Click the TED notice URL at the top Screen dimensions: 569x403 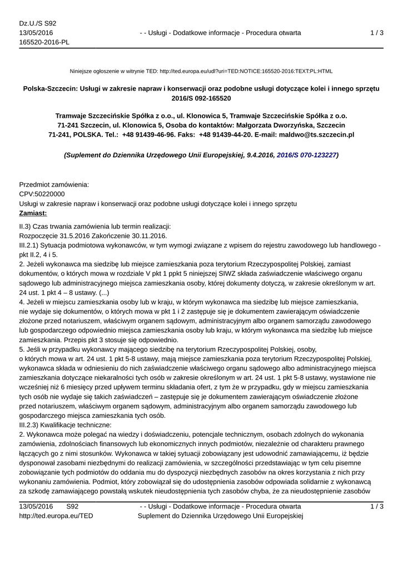[246, 71]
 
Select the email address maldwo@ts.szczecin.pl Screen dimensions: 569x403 [309, 134]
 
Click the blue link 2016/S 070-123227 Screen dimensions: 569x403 [306, 155]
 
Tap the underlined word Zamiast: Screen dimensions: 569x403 [33, 213]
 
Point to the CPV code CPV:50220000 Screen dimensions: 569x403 [42, 194]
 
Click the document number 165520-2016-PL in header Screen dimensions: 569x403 [44, 42]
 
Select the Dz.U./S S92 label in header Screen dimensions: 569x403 [38, 23]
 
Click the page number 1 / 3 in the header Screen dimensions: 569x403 [377, 33]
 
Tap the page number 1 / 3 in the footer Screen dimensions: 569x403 [377, 506]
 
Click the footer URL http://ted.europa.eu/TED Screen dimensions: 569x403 [56, 516]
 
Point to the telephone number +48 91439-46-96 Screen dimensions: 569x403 [149, 134]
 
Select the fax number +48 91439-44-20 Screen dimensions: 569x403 [226, 134]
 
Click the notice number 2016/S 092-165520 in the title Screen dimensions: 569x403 [201, 98]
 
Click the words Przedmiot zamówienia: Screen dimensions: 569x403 [54, 184]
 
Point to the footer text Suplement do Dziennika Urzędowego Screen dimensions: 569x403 [220, 516]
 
